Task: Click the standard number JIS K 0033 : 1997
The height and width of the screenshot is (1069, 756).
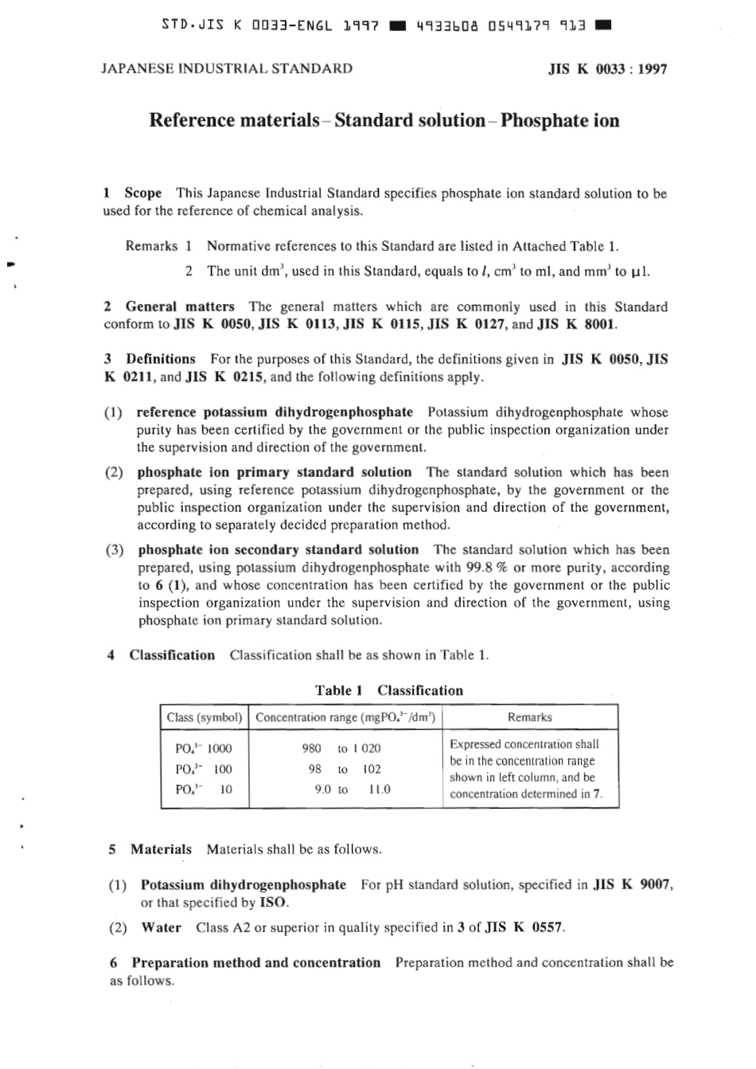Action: click(x=607, y=69)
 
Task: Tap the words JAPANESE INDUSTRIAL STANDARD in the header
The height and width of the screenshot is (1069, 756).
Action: click(x=227, y=68)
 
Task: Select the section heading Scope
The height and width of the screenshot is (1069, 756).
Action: click(x=142, y=193)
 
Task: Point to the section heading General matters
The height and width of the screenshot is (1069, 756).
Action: click(x=180, y=307)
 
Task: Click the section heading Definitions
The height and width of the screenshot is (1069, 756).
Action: click(x=160, y=359)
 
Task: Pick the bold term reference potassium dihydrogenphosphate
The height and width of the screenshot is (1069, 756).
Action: click(x=275, y=412)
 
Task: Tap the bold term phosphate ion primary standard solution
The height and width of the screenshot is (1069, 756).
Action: click(x=275, y=472)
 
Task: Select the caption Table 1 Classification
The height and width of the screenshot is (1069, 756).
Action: click(x=388, y=691)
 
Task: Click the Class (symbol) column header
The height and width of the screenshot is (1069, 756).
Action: click(x=205, y=717)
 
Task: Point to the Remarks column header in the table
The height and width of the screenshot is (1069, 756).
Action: click(x=529, y=717)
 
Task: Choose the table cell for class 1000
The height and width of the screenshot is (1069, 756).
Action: click(x=203, y=748)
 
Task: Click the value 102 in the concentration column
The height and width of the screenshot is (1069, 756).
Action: click(x=372, y=769)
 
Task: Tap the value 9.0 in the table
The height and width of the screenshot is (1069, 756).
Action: click(x=322, y=790)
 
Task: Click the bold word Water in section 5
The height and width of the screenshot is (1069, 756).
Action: click(x=161, y=927)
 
